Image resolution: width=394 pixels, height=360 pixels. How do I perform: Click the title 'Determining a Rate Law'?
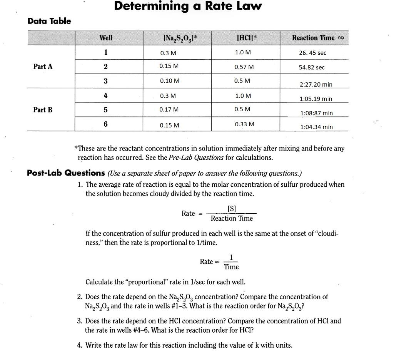[x=188, y=7]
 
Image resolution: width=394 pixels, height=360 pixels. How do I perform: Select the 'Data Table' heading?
[x=49, y=21]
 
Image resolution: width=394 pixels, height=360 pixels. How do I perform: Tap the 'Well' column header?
[x=106, y=38]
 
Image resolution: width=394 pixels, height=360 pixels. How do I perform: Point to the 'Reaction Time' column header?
[x=313, y=38]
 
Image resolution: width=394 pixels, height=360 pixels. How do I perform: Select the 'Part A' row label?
[x=43, y=67]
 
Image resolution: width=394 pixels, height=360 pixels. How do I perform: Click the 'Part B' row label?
[x=43, y=110]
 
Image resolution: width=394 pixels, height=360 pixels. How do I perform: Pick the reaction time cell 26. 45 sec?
[x=312, y=53]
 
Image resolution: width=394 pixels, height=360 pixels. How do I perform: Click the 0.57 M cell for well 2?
[x=244, y=67]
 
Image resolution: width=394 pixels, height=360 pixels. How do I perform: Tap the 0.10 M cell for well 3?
[x=169, y=81]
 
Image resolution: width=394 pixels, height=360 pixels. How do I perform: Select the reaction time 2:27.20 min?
[x=316, y=84]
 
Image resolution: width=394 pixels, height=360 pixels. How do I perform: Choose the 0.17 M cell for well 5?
[x=169, y=109]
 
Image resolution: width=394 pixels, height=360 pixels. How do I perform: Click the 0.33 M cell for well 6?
[x=244, y=124]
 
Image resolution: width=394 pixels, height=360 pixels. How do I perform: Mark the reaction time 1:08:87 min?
[x=316, y=113]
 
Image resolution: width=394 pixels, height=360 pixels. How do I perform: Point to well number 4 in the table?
[x=105, y=95]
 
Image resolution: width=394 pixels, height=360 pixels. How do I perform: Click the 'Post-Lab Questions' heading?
[x=66, y=173]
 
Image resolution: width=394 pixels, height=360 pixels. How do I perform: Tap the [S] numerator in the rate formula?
[x=232, y=209]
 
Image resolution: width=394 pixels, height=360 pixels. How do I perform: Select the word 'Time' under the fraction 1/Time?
[x=231, y=267]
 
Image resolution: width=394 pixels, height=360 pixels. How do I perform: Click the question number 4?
[x=79, y=345]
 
